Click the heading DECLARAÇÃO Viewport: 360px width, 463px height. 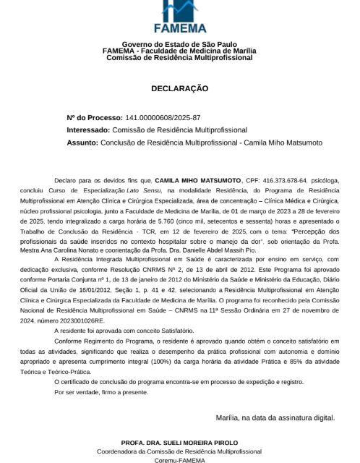point(179,88)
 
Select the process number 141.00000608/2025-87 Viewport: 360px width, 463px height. point(163,117)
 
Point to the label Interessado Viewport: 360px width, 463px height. point(92,130)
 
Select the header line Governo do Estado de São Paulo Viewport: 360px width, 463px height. point(179,44)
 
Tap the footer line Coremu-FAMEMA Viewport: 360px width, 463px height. point(179,459)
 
